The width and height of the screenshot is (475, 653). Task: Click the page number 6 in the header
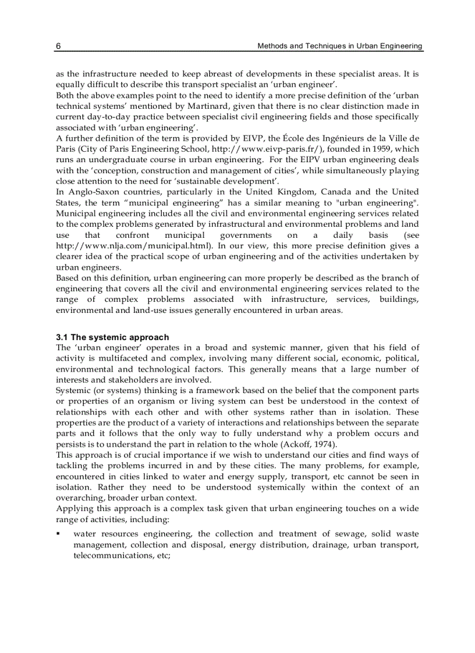[58, 46]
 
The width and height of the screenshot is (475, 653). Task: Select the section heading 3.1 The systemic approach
[112, 337]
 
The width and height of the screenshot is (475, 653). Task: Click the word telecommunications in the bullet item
[112, 555]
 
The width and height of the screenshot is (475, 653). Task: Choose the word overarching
[79, 498]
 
